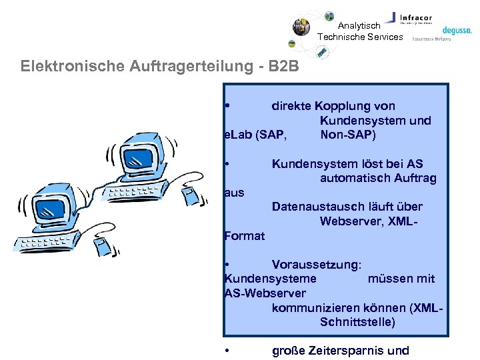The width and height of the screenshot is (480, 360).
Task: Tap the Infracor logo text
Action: (417, 17)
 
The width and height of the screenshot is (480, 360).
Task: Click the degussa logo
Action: (457, 29)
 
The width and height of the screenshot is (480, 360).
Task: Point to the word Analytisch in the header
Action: (359, 26)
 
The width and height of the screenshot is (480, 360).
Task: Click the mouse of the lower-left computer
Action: (101, 245)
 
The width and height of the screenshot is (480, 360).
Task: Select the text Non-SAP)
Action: (348, 135)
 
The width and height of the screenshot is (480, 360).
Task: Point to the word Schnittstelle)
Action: (357, 322)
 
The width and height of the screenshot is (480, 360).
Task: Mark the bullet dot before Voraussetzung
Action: (227, 265)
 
